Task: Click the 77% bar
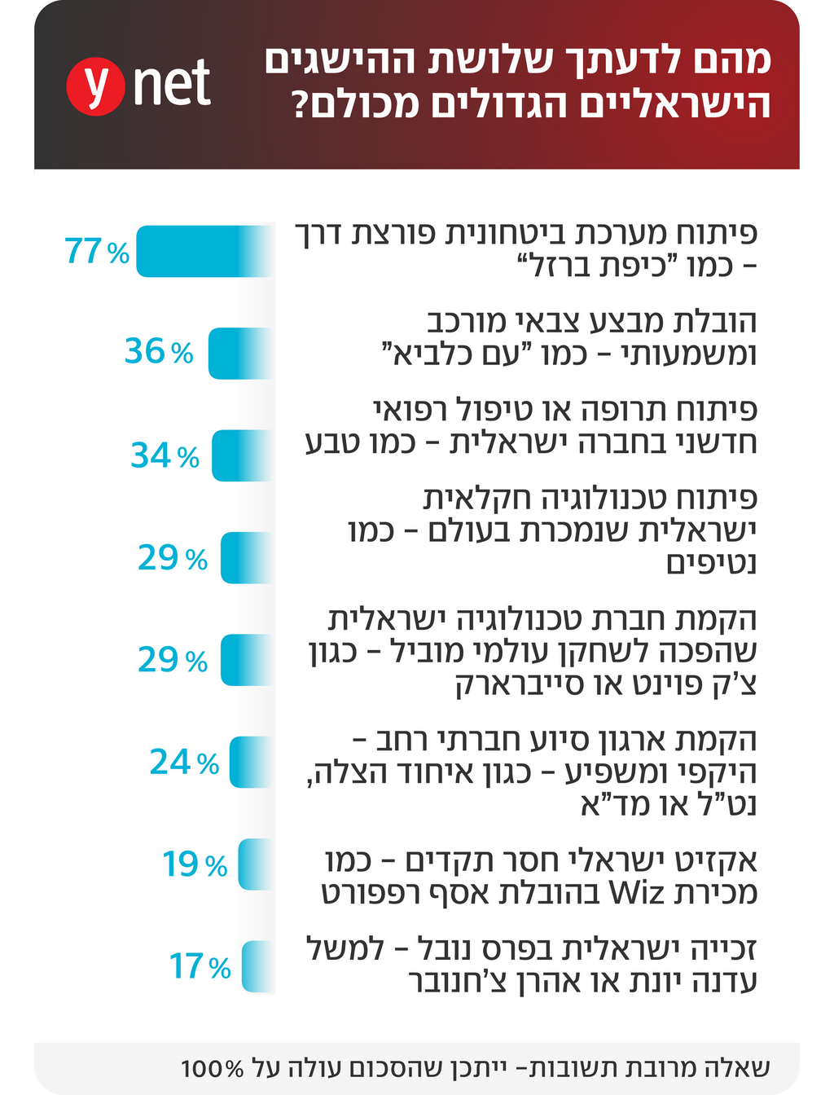(x=204, y=251)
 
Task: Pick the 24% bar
(x=250, y=763)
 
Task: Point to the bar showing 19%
(x=254, y=864)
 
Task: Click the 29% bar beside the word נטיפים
(x=245, y=558)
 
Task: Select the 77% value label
(x=97, y=252)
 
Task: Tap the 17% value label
(x=200, y=967)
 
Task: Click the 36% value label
(x=159, y=352)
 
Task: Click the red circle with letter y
(x=94, y=86)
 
